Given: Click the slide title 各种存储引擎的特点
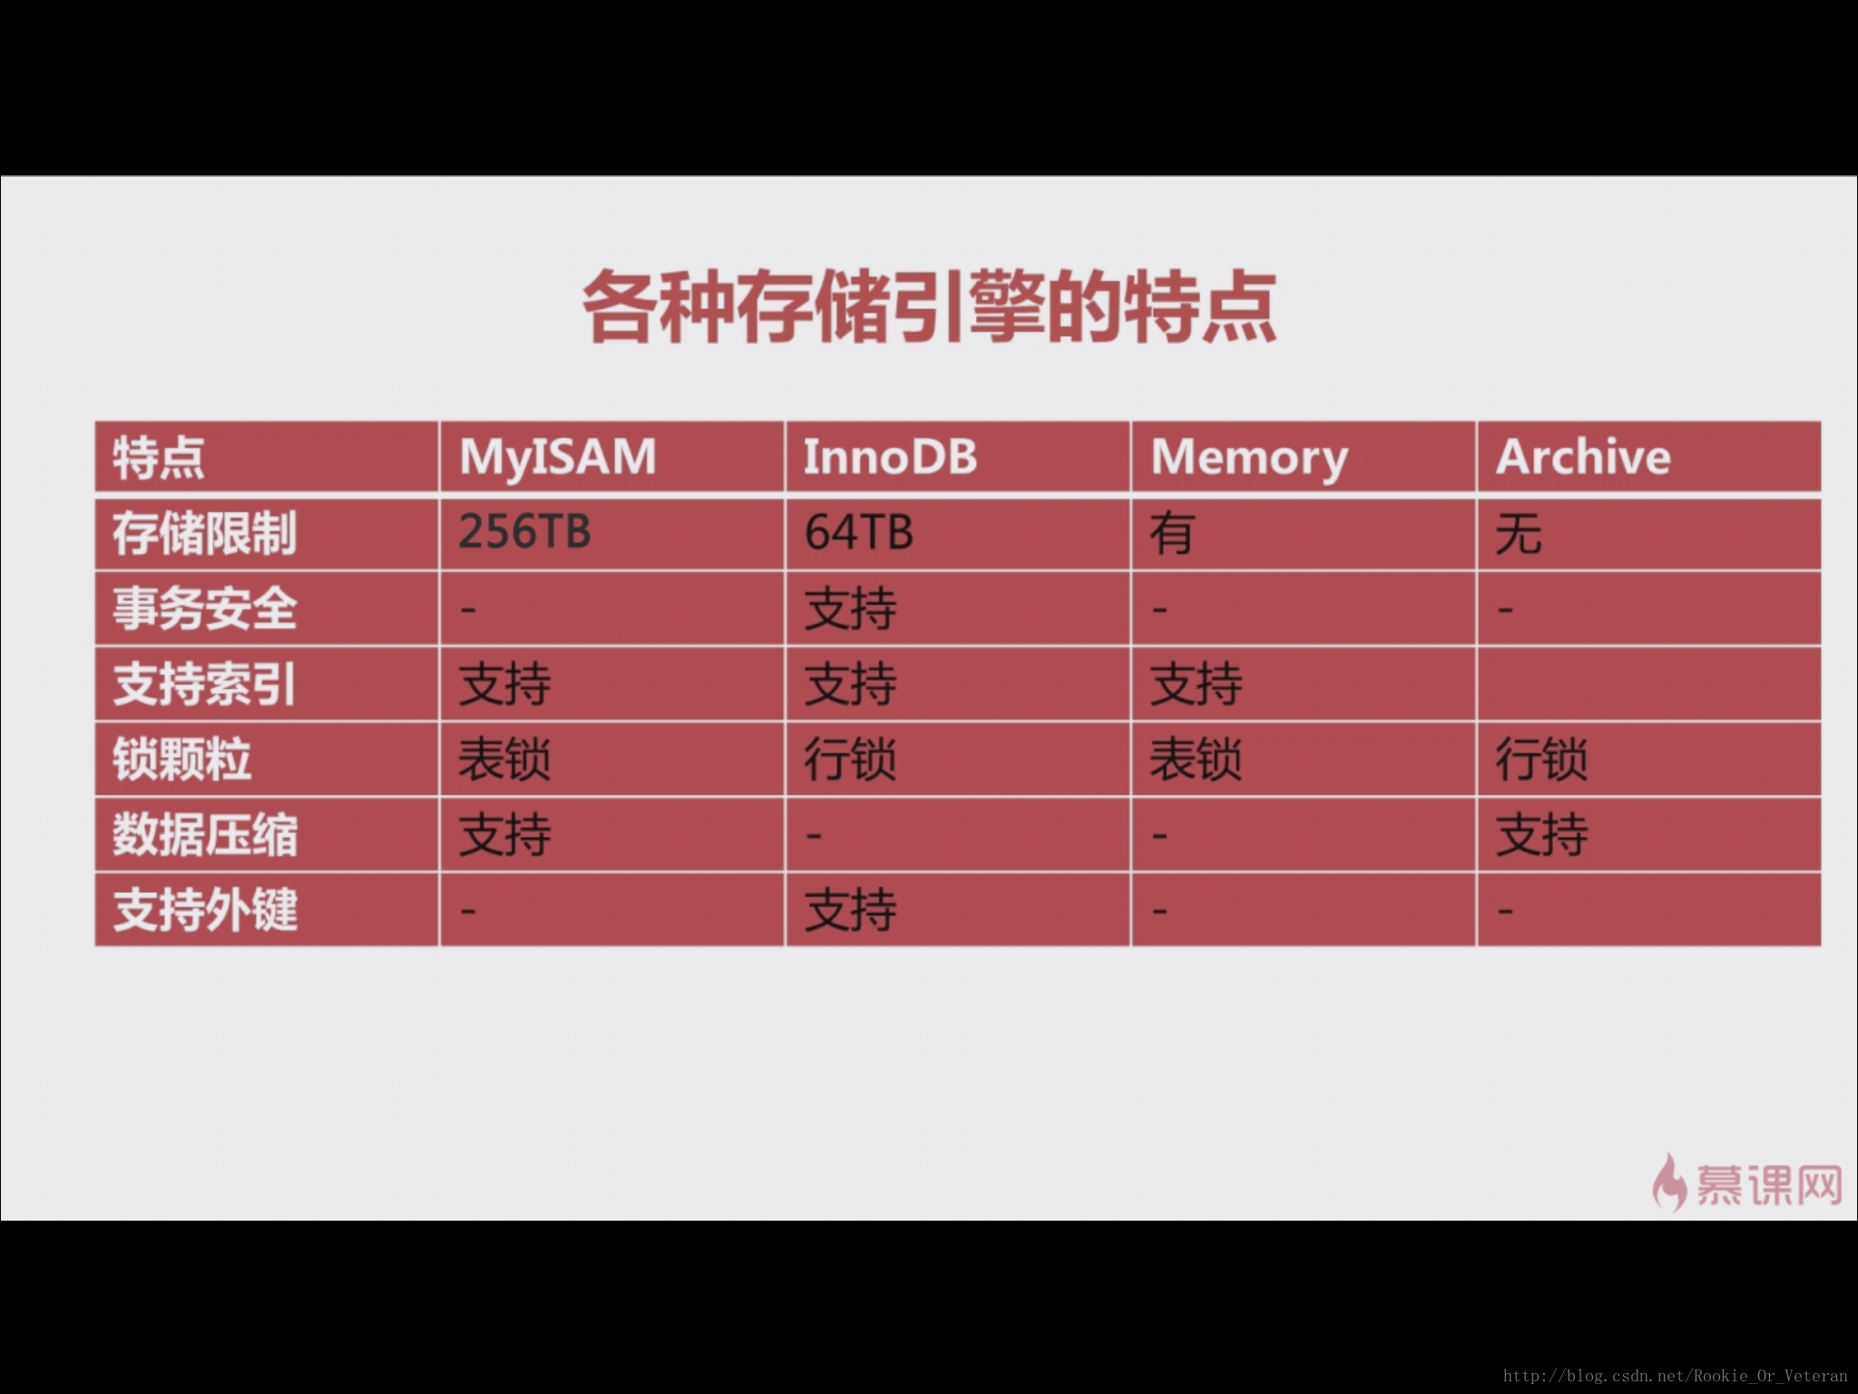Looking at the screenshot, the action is [930, 307].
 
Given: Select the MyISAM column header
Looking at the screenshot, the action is [558, 457].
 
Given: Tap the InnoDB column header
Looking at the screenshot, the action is [890, 456].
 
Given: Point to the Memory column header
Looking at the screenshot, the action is [1249, 458].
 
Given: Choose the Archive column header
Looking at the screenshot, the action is [1583, 456].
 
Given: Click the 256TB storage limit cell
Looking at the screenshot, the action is [524, 532].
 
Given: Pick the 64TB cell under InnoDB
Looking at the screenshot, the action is [858, 532].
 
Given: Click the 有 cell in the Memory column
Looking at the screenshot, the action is [1171, 533].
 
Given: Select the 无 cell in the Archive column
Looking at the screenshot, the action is [1518, 533].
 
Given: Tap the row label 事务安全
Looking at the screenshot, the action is [205, 608].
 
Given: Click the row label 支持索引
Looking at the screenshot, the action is [205, 684].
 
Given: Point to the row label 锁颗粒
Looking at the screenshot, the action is [181, 760].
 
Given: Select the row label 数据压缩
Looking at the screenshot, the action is [205, 835].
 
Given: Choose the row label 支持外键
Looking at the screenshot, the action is [205, 910].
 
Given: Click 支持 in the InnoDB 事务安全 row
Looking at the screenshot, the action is [850, 608].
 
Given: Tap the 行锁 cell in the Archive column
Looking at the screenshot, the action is [1541, 760].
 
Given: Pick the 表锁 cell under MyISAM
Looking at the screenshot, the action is [504, 760].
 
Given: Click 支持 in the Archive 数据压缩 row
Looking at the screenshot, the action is [1541, 835].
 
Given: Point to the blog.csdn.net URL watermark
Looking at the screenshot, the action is [1675, 1376].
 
